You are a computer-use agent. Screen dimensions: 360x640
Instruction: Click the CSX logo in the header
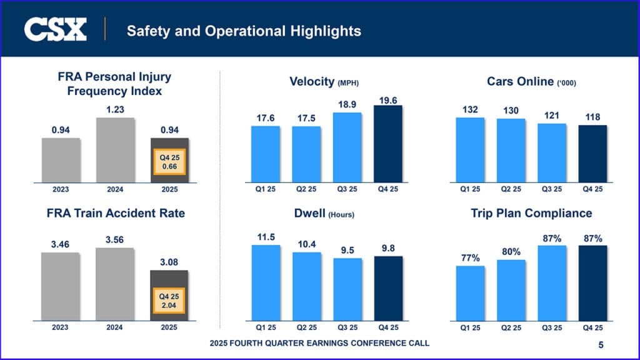[x=55, y=29]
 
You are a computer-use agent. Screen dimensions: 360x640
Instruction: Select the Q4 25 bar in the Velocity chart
[x=388, y=144]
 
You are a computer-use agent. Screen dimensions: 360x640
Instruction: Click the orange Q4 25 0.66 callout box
[x=169, y=162]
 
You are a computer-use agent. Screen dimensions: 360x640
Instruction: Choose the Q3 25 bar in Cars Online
[x=552, y=152]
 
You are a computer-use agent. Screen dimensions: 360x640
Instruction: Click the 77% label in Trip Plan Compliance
[x=471, y=257]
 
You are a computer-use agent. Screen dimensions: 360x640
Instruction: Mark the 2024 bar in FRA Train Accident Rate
[x=115, y=284]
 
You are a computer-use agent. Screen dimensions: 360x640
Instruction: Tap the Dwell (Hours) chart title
[x=324, y=214]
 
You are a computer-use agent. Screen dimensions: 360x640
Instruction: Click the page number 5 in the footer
[x=601, y=344]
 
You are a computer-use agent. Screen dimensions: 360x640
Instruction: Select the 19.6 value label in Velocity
[x=388, y=99]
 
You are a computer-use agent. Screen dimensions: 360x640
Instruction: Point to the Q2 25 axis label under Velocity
[x=306, y=189]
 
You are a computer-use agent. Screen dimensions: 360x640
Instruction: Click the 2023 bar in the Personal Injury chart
[x=61, y=160]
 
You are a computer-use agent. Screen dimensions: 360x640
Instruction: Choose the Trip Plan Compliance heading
[x=531, y=213]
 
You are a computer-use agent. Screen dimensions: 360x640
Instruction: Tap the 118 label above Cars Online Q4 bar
[x=592, y=117]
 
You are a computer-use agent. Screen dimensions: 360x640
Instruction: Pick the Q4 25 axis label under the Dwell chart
[x=388, y=327]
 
